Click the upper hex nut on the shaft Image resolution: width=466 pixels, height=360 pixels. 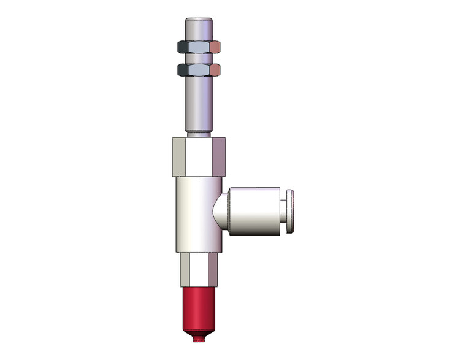tap(199, 47)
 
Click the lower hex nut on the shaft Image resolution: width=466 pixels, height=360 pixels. tap(199, 69)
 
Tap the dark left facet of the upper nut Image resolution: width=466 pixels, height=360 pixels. tap(182, 47)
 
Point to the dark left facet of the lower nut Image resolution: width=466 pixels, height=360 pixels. tap(182, 69)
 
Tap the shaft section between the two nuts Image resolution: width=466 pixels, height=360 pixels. tap(199, 58)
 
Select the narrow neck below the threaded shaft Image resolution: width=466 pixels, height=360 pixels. tap(199, 134)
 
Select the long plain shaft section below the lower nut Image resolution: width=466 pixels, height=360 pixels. tap(199, 101)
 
